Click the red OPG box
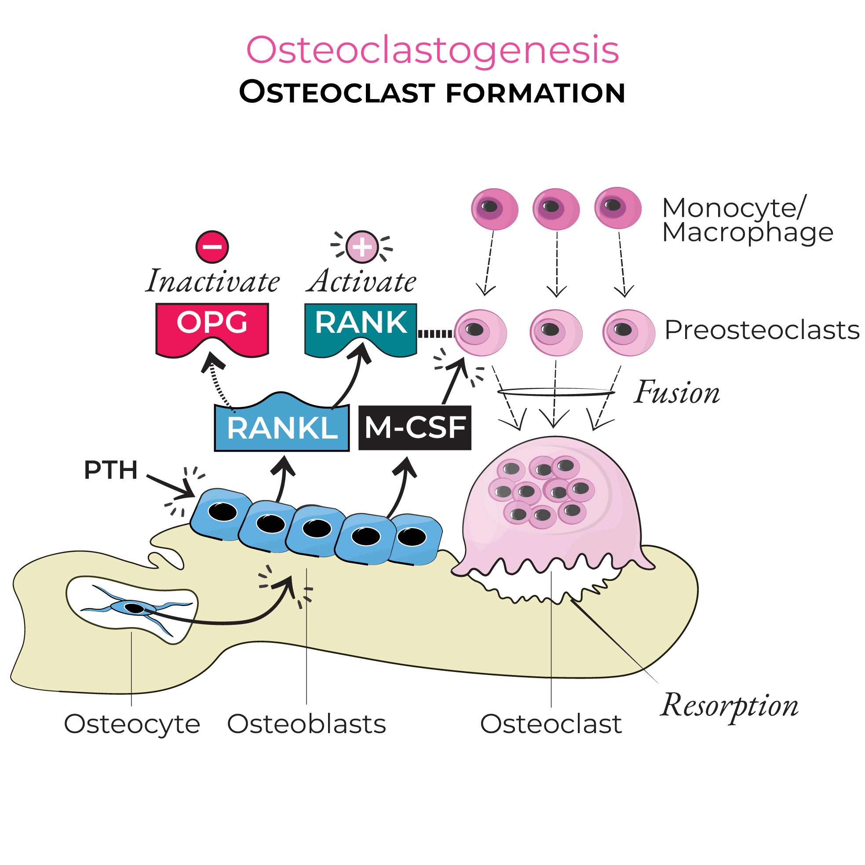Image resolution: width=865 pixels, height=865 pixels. (212, 325)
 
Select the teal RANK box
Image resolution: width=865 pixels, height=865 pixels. (361, 325)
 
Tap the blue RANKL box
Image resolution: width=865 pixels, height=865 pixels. (281, 428)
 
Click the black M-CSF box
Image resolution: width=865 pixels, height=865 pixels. (415, 428)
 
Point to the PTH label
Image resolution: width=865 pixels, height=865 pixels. (110, 470)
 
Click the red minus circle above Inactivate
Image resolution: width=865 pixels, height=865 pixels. (212, 247)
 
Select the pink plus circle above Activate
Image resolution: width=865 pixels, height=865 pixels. (362, 247)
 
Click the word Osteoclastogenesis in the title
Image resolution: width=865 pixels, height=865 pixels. (433, 50)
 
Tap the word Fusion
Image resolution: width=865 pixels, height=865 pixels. (676, 393)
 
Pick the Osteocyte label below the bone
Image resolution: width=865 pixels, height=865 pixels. (131, 724)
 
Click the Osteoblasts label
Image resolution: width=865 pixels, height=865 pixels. (306, 724)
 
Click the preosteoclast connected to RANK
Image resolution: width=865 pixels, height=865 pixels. (480, 332)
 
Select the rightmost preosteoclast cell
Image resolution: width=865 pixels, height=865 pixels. (628, 332)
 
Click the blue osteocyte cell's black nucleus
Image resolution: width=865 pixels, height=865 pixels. (134, 608)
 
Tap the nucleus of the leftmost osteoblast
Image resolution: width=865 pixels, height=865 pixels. (223, 512)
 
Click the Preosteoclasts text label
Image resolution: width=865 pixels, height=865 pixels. (762, 330)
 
